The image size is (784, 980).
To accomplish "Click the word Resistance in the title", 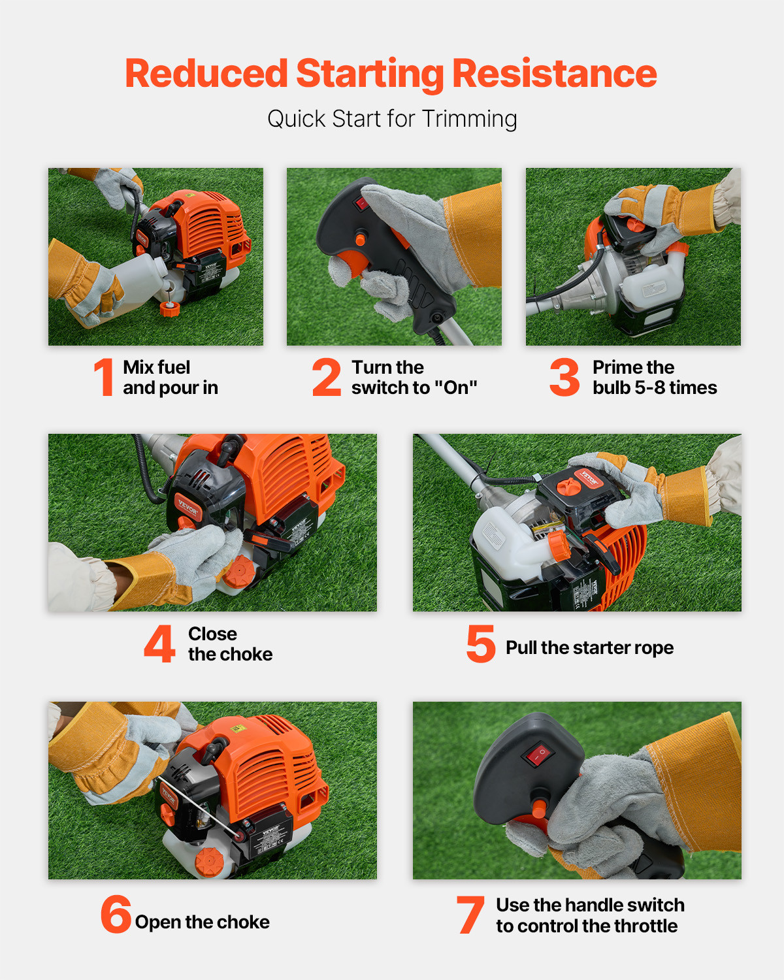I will tap(554, 73).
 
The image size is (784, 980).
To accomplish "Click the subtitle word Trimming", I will tap(469, 119).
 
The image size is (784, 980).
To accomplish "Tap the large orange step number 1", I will tap(104, 377).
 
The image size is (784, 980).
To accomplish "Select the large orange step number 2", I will tap(327, 377).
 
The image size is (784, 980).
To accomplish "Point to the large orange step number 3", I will tap(564, 377).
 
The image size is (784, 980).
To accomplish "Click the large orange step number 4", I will tap(159, 644).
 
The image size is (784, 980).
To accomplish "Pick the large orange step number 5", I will tap(481, 644).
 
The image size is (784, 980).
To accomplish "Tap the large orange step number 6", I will tap(116, 914).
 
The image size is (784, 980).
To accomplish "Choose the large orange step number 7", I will tap(470, 915).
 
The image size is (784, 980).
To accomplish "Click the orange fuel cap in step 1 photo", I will tap(169, 308).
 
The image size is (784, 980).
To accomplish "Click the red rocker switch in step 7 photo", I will tap(537, 755).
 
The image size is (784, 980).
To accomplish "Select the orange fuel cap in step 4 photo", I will tap(239, 572).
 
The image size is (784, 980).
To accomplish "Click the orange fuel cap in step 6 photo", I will tap(209, 862).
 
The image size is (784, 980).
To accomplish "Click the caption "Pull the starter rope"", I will tap(589, 647).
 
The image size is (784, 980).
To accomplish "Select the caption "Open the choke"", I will tap(202, 922).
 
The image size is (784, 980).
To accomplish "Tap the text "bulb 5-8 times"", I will tap(655, 387).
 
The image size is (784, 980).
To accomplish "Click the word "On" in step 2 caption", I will tap(456, 387).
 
